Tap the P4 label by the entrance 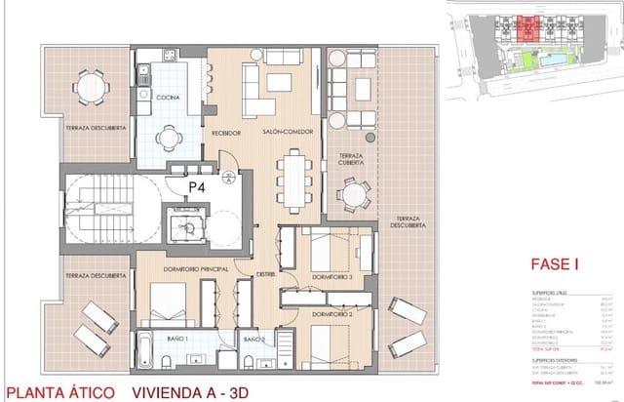click(x=197, y=185)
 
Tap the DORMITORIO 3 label click(x=331, y=277)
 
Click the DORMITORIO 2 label click(x=331, y=314)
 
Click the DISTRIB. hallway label click(x=269, y=274)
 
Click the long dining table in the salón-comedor click(x=292, y=181)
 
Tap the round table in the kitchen click(x=171, y=138)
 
